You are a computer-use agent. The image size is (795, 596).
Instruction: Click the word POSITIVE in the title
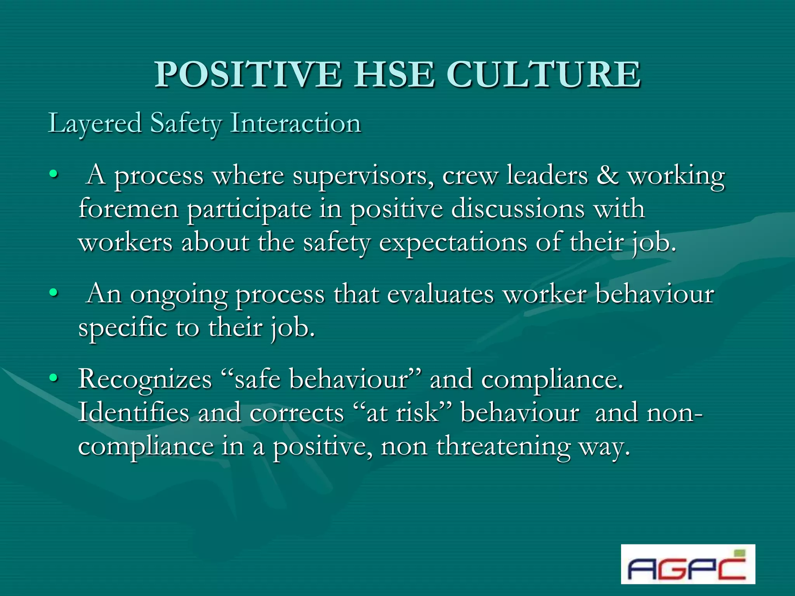click(248, 74)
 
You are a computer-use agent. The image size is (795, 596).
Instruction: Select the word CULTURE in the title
click(543, 74)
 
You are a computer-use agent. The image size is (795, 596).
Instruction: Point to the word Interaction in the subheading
click(296, 123)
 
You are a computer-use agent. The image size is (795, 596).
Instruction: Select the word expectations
click(453, 244)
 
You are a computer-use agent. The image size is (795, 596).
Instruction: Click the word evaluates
click(440, 294)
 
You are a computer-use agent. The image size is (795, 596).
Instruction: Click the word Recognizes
click(145, 379)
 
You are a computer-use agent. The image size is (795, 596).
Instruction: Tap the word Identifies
click(133, 412)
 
